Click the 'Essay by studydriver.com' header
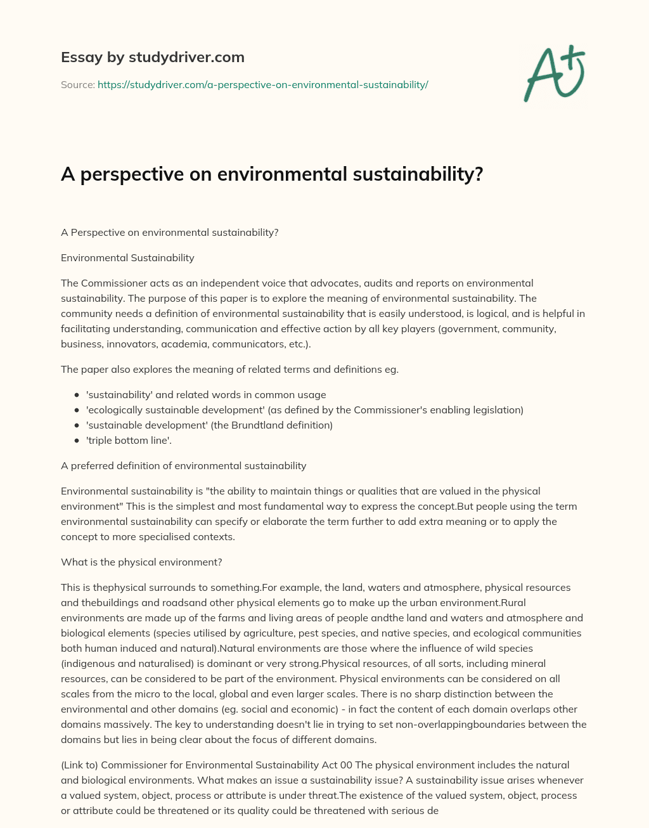pos(152,58)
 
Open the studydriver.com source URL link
pos(262,84)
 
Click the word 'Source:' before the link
pos(77,84)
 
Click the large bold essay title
pos(272,174)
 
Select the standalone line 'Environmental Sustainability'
pos(127,257)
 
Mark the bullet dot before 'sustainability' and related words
pos(77,394)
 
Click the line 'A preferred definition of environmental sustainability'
pos(183,465)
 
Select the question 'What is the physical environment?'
pos(141,562)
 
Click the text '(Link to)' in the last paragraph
pos(80,765)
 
